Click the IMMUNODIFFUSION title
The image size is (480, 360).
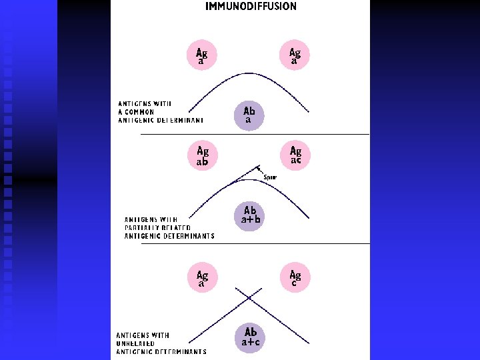tap(251, 7)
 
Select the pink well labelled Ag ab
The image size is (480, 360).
tap(202, 156)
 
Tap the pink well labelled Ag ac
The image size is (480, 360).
tap(295, 156)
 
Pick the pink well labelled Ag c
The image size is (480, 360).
tap(295, 278)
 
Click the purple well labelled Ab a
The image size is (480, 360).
tap(249, 115)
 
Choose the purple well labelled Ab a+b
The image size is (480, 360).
tap(250, 215)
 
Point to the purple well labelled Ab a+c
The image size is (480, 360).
tap(251, 337)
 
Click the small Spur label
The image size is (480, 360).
tap(270, 177)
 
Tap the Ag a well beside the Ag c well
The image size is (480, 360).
tap(202, 278)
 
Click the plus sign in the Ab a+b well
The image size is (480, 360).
tap(250, 219)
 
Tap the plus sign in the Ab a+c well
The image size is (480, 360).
tap(251, 341)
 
